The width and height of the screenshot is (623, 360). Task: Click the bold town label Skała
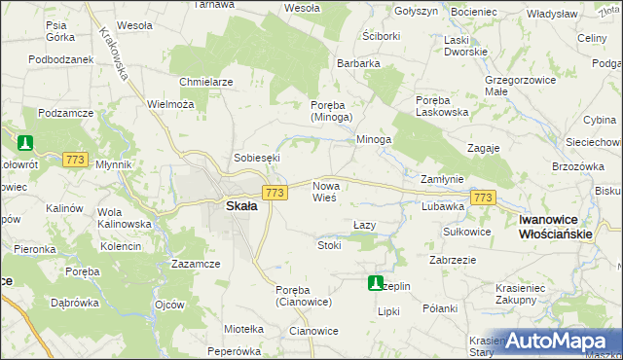[x=241, y=206]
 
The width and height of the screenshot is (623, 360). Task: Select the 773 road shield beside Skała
[x=275, y=193]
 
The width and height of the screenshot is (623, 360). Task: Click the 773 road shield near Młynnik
[x=75, y=159]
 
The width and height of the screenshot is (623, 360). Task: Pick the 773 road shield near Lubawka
[x=482, y=198]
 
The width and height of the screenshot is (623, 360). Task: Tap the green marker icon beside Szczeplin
[x=375, y=283]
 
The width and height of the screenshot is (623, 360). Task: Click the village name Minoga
[x=373, y=139]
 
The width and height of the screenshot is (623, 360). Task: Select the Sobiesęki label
[x=257, y=158]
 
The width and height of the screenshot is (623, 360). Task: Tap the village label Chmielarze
[x=205, y=82]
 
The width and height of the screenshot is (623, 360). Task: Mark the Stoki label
[x=329, y=245]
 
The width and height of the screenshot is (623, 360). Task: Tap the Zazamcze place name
[x=195, y=265]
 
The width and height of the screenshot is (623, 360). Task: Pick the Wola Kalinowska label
[x=125, y=217]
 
